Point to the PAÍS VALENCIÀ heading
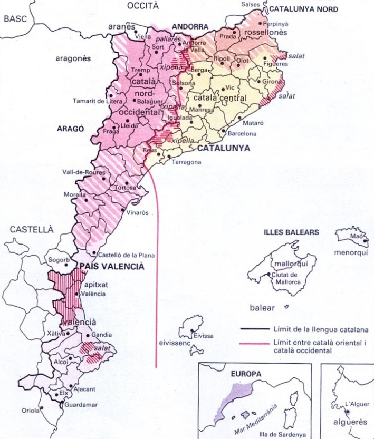111,267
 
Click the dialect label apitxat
95,284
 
